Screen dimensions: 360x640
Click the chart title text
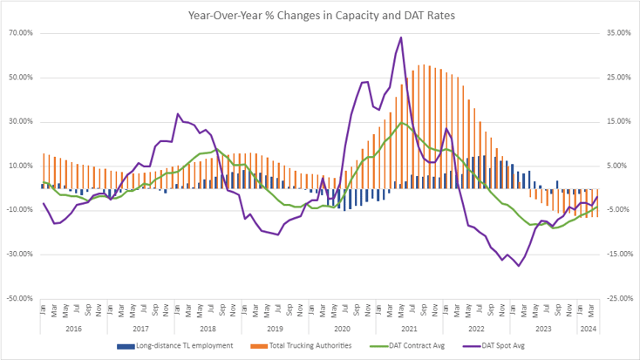[320, 15]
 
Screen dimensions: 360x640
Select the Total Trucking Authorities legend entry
[309, 346]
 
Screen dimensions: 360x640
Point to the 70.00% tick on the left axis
[20, 33]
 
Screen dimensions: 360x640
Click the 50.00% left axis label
[20, 78]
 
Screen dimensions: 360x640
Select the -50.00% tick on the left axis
[19, 298]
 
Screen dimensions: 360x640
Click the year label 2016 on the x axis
[73, 329]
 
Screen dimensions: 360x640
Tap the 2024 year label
[588, 329]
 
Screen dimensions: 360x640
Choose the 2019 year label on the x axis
[275, 329]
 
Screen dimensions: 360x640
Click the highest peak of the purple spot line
[400, 37]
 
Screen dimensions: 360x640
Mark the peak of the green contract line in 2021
[400, 122]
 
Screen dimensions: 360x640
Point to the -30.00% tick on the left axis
[19, 255]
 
